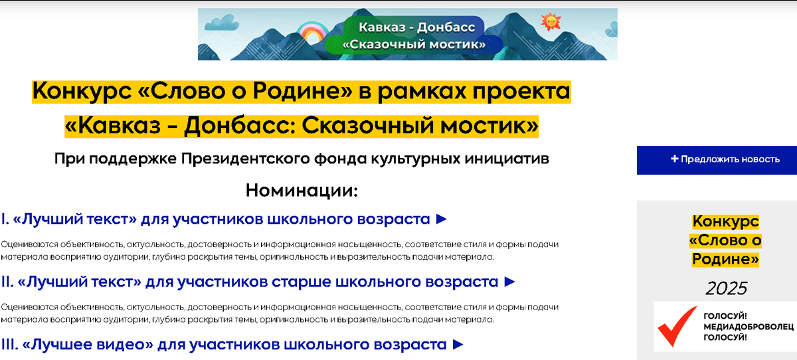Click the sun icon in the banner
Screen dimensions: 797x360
[x=551, y=22]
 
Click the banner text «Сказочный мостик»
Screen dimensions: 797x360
[x=414, y=45]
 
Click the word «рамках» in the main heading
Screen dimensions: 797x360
[x=422, y=92]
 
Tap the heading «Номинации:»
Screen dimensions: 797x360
[x=302, y=191]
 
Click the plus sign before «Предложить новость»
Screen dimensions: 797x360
[x=675, y=159]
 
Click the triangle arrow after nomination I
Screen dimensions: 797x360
[x=441, y=219]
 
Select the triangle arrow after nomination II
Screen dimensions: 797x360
[x=509, y=282]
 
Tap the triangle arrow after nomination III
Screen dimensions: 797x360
[x=458, y=344]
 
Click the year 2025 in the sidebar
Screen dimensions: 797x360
[x=726, y=288]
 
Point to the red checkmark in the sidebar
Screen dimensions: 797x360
[x=677, y=325]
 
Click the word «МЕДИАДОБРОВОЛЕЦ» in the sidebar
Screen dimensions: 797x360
[x=749, y=327]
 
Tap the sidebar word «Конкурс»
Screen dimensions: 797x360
[x=725, y=222]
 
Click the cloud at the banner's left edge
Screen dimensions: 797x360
[x=222, y=23]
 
